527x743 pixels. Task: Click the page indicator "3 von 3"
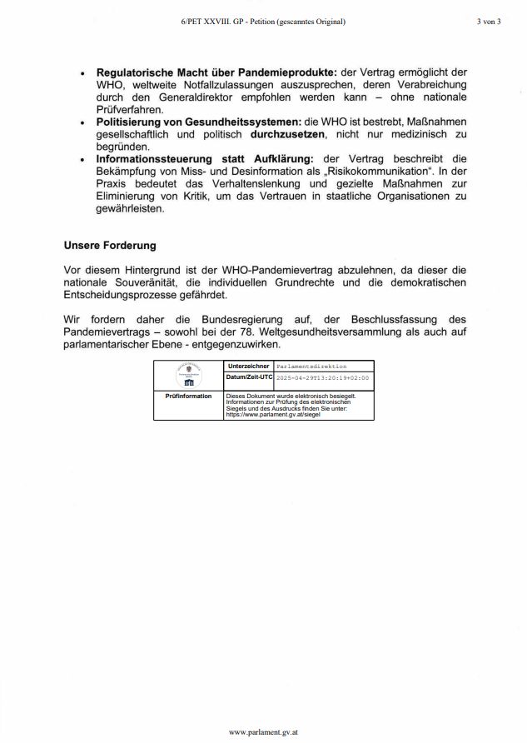tap(489, 22)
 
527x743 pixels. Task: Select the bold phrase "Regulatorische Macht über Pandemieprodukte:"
tap(216, 72)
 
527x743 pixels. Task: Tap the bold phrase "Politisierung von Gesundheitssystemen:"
tap(197, 121)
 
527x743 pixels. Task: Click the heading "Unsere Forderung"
tap(110, 246)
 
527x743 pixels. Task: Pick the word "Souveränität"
tap(158, 282)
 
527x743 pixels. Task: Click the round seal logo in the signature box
tap(189, 375)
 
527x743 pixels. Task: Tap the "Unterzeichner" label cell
tap(248, 366)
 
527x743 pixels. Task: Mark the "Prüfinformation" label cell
tap(189, 396)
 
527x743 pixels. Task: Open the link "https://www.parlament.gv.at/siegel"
tap(273, 414)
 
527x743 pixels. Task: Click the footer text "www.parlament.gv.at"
tap(263, 731)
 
